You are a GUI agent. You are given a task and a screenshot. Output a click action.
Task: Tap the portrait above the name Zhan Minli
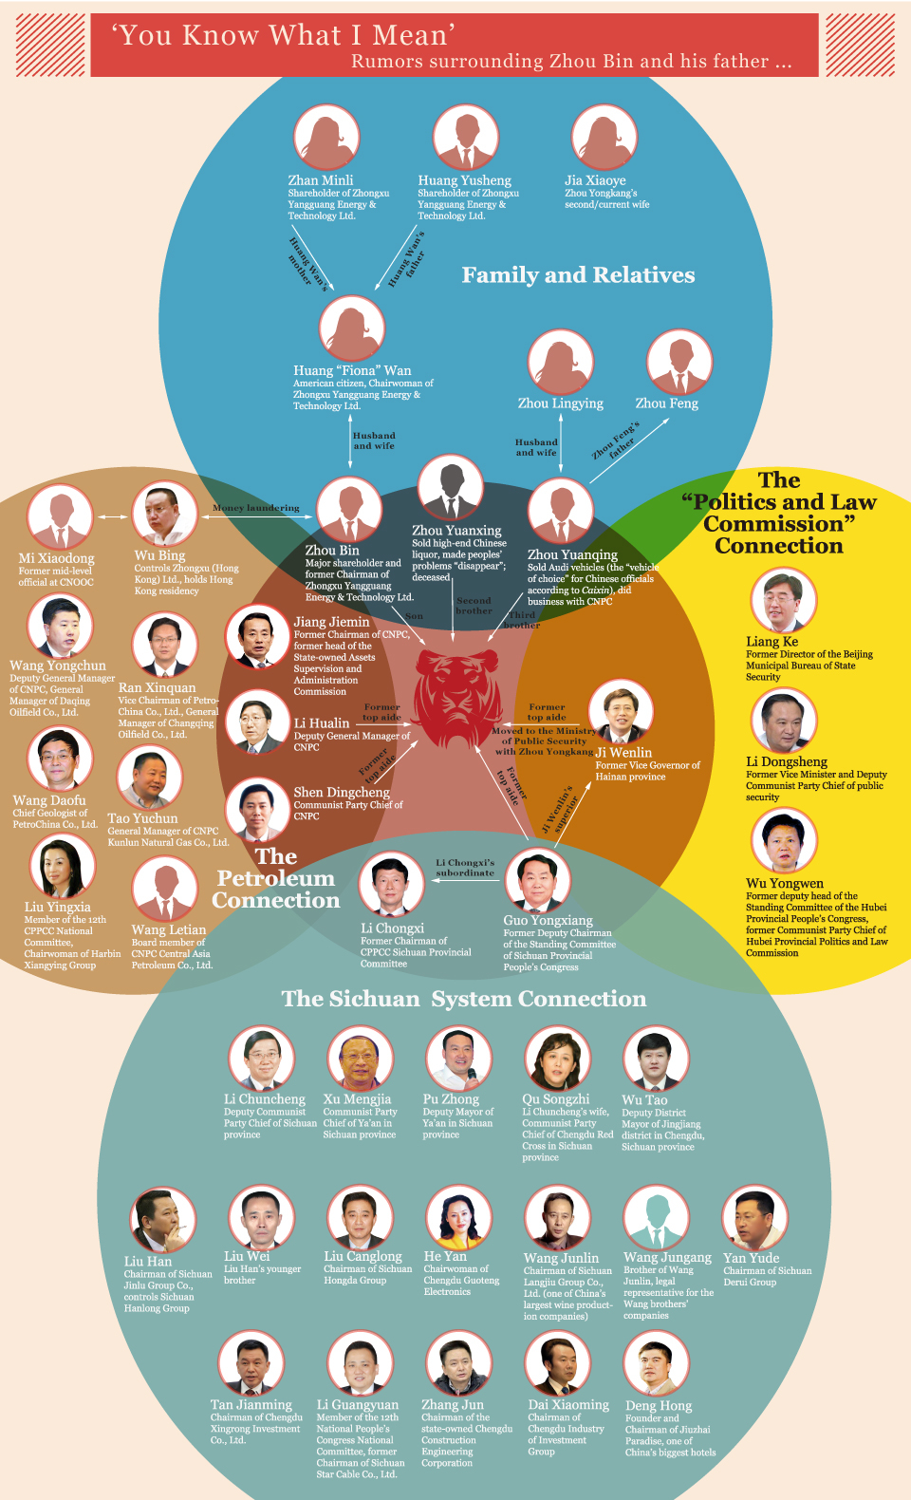pyautogui.click(x=325, y=139)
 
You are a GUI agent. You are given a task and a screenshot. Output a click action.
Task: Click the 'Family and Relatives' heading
pyautogui.click(x=578, y=275)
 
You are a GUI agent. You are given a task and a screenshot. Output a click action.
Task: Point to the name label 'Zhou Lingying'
pyautogui.click(x=560, y=403)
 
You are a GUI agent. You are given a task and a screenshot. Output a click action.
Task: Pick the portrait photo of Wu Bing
pyautogui.click(x=164, y=515)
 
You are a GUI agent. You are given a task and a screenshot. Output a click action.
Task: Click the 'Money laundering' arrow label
pyautogui.click(x=256, y=508)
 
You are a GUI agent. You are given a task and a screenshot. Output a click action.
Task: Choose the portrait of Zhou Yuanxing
pyautogui.click(x=450, y=488)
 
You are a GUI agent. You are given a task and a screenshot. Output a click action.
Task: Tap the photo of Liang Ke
pyautogui.click(x=783, y=602)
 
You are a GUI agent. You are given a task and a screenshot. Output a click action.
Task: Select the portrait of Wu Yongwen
pyautogui.click(x=783, y=841)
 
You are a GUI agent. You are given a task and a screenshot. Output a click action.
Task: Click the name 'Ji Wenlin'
pyautogui.click(x=623, y=753)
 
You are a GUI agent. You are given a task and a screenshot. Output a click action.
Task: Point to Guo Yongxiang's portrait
pyautogui.click(x=538, y=881)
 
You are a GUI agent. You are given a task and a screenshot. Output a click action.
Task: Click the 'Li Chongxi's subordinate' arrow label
pyautogui.click(x=465, y=868)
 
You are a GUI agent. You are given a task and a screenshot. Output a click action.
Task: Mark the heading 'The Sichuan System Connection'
pyautogui.click(x=464, y=999)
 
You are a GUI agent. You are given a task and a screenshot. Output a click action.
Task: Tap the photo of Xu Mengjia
pyautogui.click(x=360, y=1059)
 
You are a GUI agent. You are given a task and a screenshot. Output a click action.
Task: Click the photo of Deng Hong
pyautogui.click(x=657, y=1365)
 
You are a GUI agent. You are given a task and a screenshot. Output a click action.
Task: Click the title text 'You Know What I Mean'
pyautogui.click(x=284, y=36)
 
